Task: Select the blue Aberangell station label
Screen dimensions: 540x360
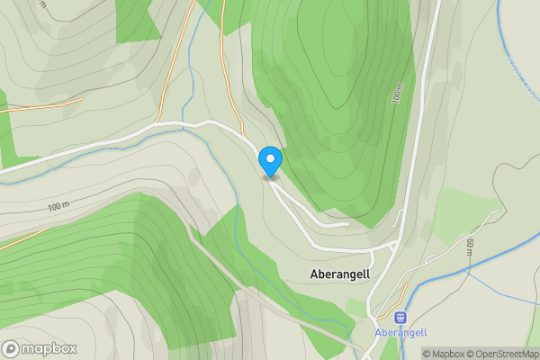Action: tap(401, 332)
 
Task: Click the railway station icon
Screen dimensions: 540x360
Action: tap(401, 317)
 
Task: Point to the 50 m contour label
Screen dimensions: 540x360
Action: tap(470, 248)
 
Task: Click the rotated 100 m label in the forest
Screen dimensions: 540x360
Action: tap(397, 95)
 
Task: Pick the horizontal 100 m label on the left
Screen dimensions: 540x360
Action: tap(58, 206)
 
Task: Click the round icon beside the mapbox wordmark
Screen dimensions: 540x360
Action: tap(11, 349)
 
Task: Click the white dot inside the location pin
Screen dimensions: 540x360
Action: tap(270, 158)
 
